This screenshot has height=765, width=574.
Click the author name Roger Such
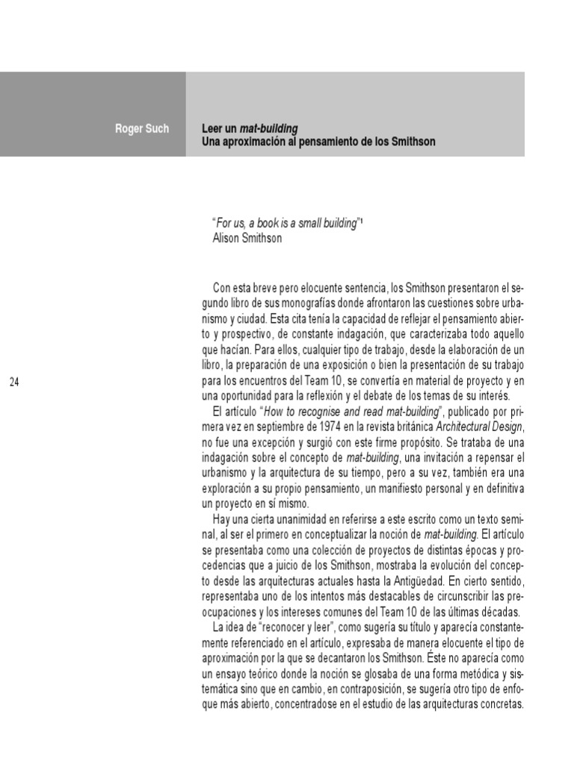click(142, 128)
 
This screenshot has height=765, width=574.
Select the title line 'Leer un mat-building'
click(244, 128)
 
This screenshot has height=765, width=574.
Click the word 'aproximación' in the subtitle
click(254, 140)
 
